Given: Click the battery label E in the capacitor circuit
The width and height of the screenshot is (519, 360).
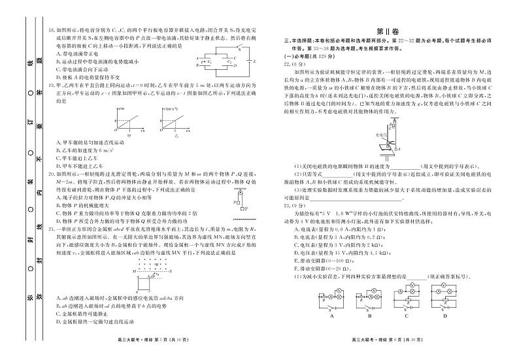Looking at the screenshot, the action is coord(255,63).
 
